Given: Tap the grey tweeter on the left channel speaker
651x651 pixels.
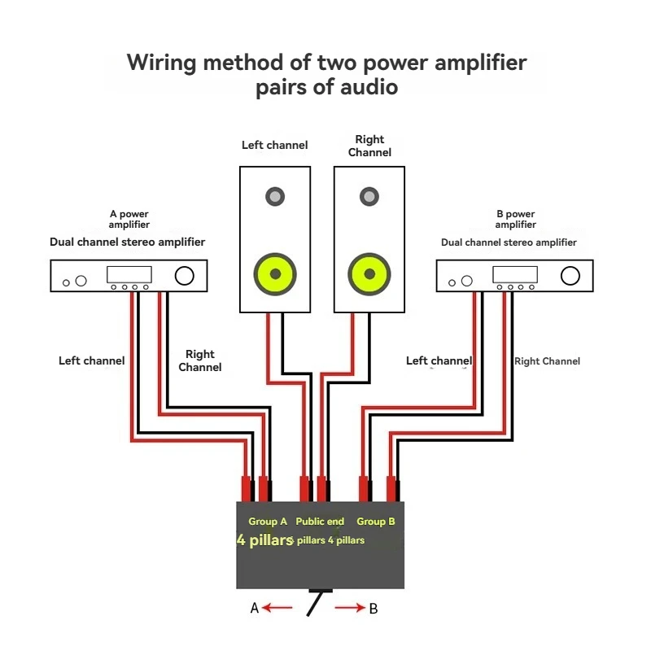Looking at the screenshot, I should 274,196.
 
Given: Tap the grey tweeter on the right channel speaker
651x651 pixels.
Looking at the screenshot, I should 369,196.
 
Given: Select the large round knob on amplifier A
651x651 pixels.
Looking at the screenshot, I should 184,276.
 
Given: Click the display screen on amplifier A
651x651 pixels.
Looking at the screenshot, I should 129,275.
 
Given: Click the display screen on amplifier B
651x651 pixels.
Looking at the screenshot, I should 515,275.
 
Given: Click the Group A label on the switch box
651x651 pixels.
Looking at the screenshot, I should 268,522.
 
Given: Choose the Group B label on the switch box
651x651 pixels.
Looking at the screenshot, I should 376,522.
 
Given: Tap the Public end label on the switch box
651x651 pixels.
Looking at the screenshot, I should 320,522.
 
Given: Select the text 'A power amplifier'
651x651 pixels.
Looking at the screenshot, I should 129,220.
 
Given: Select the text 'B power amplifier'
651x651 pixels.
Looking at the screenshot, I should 516,220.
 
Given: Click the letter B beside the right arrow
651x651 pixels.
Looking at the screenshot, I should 374,608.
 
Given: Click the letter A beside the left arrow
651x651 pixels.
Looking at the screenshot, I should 255,608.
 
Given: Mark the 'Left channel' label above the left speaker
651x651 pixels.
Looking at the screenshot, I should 275,146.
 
